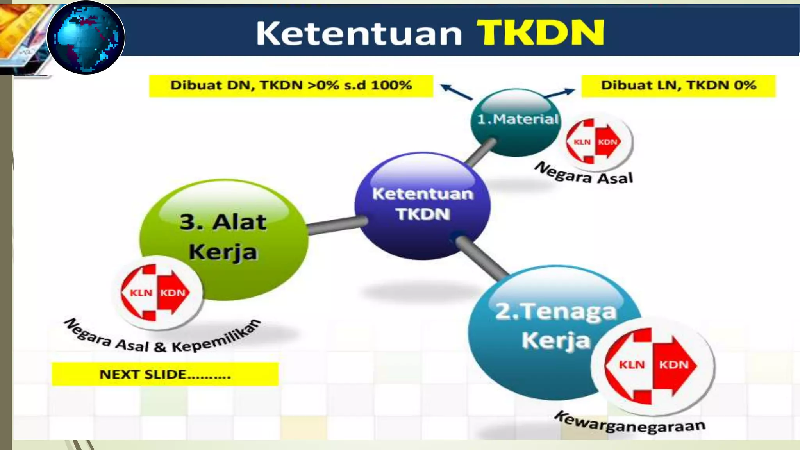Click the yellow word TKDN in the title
[x=540, y=33]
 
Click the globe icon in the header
[x=86, y=37]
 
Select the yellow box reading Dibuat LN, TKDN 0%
[x=678, y=86]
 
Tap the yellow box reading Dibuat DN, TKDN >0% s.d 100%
[x=291, y=86]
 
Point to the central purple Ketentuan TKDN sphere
[x=422, y=205]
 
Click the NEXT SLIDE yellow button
[x=165, y=374]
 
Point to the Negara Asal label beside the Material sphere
[x=584, y=174]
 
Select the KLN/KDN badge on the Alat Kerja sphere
[x=157, y=293]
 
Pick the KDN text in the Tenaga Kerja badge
[x=673, y=365]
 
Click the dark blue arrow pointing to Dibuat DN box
[x=456, y=91]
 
